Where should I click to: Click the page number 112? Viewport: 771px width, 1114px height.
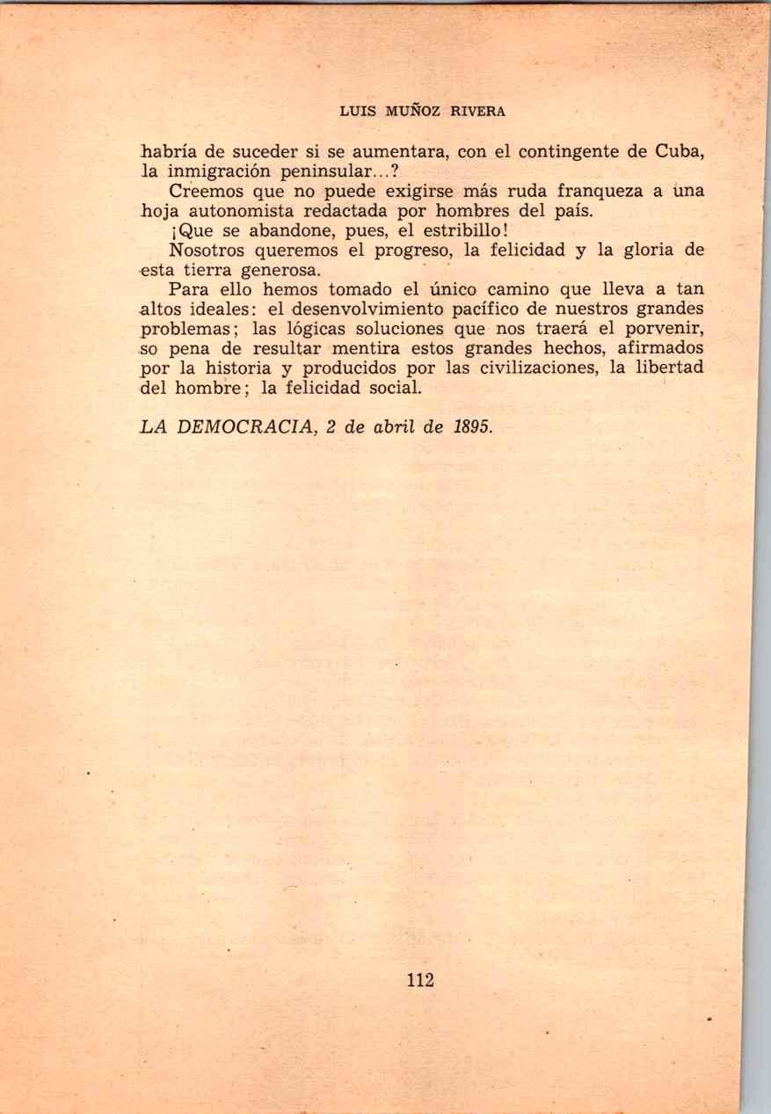pyautogui.click(x=420, y=979)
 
